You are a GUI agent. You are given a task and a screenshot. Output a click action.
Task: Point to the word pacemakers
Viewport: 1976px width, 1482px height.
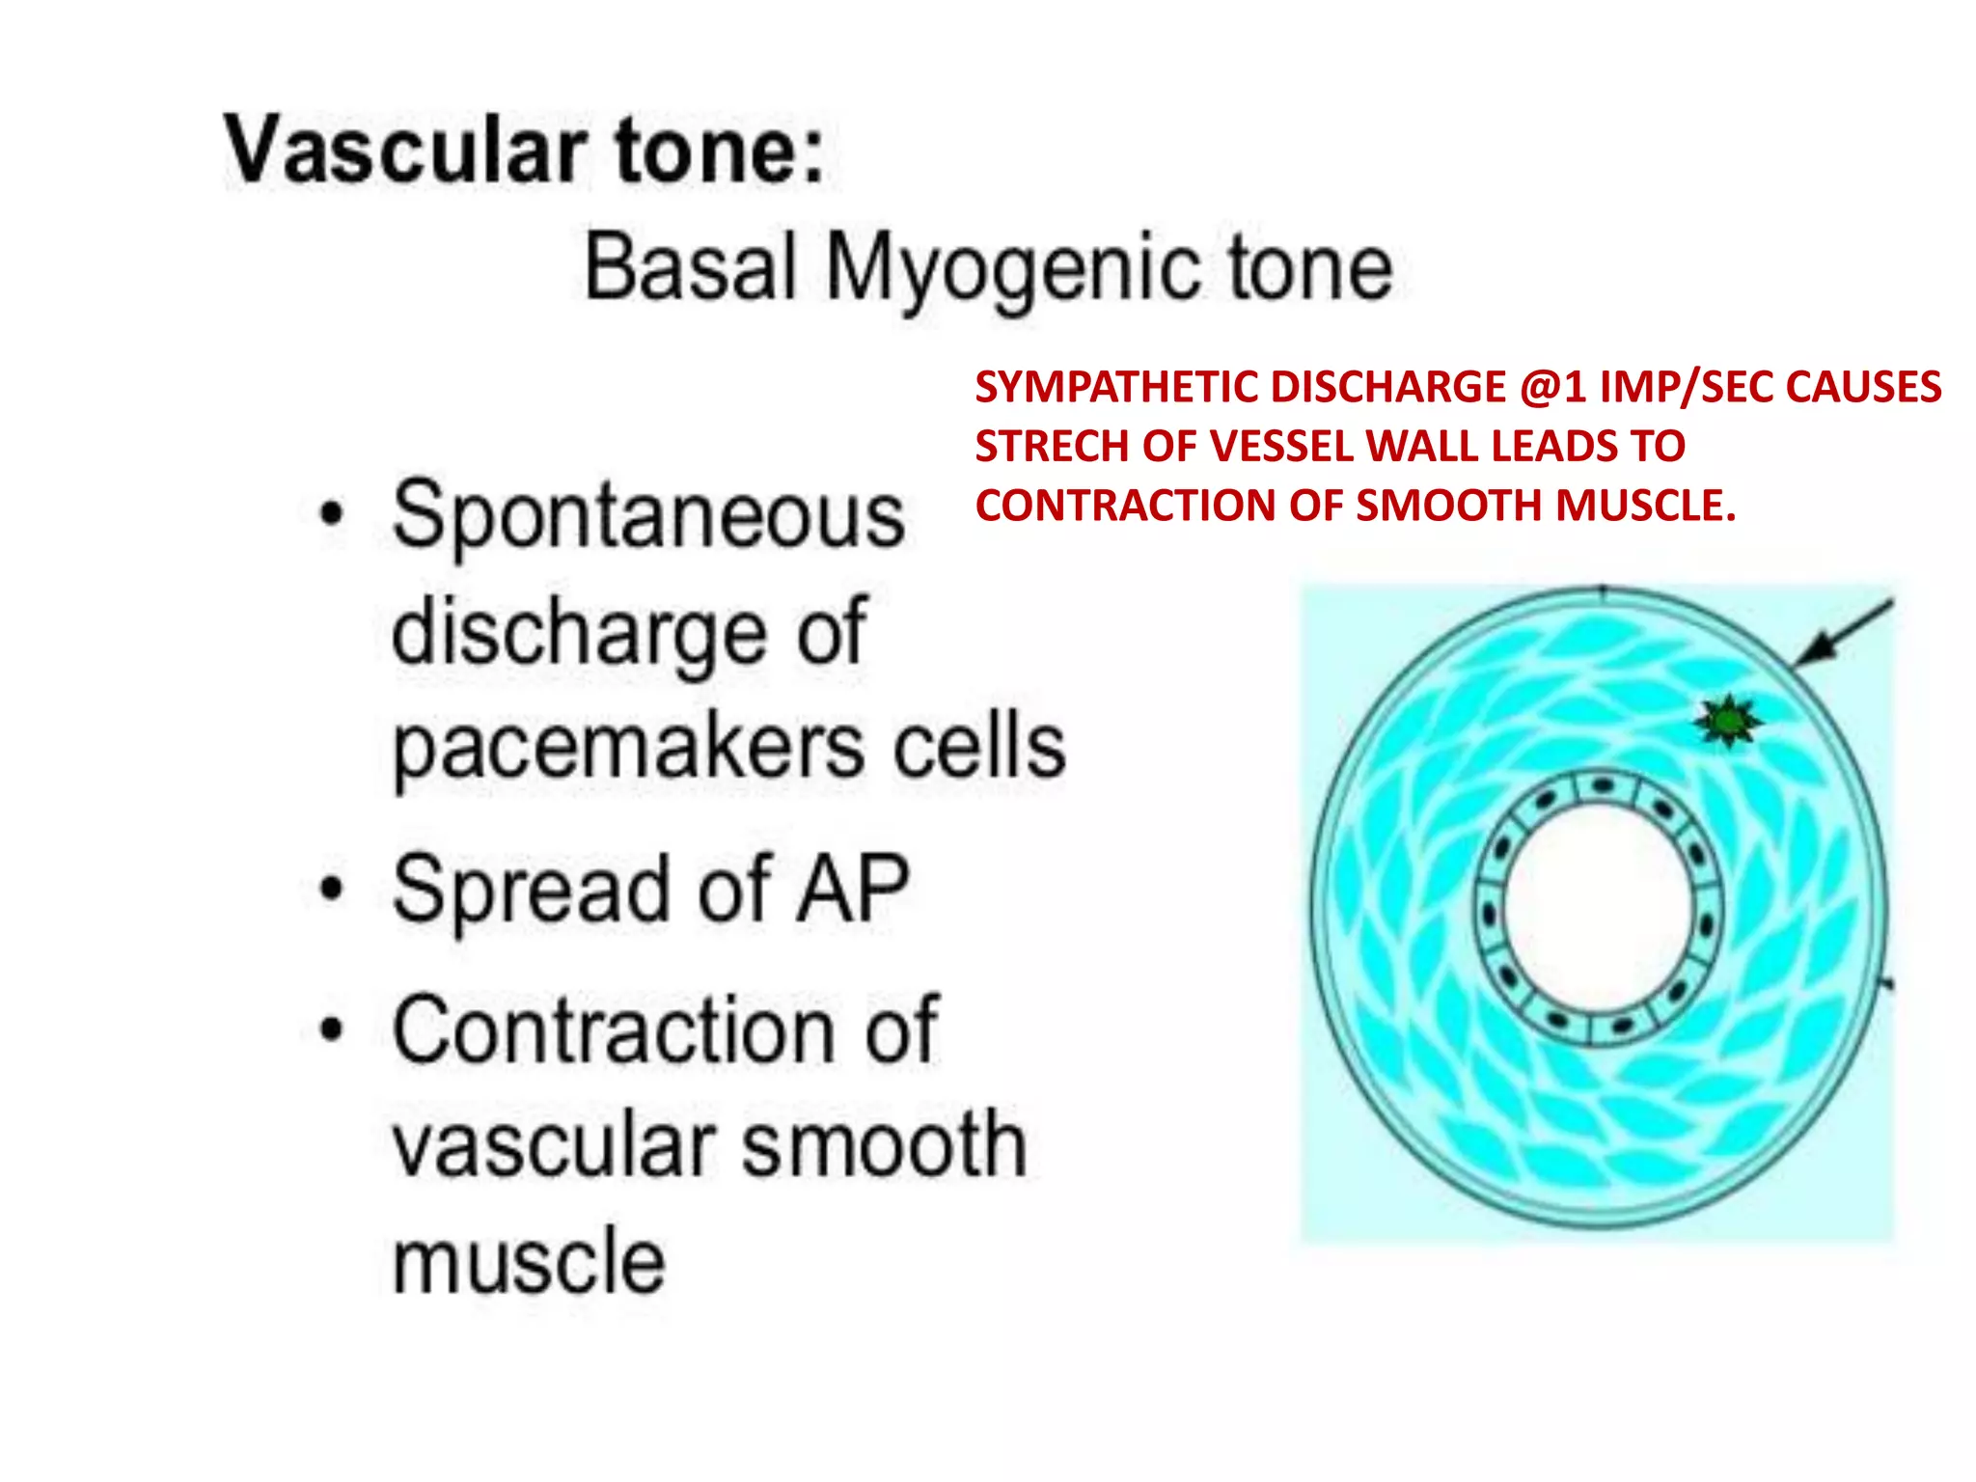tap(628, 748)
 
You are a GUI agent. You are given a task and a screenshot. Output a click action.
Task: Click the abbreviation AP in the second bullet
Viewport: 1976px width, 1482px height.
tap(851, 889)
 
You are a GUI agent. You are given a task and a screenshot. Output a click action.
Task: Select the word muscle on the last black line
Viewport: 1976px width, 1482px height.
tap(529, 1259)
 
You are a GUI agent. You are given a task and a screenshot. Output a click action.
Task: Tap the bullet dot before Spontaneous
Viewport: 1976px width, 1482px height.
tap(332, 513)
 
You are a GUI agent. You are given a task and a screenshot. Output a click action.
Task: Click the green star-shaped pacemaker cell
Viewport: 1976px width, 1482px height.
tap(1728, 721)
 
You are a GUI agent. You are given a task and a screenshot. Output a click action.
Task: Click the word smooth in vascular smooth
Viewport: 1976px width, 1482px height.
tap(883, 1144)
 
